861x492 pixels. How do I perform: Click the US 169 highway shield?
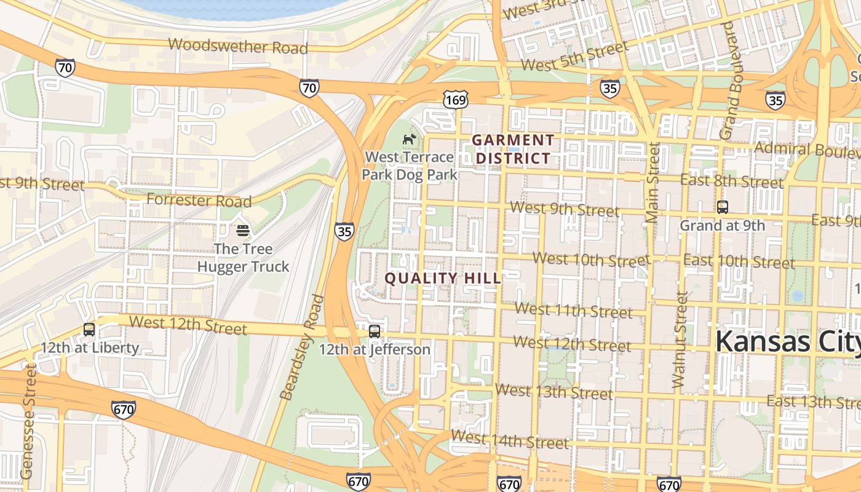coord(455,98)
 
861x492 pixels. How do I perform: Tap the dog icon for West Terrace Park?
coord(409,140)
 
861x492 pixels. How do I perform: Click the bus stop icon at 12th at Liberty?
coord(89,330)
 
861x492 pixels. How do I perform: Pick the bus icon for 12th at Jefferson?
coord(375,332)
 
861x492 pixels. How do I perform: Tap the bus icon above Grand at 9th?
coord(723,207)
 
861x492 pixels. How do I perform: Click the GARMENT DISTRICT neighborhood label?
coord(513,149)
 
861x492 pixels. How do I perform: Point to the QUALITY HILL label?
coord(443,278)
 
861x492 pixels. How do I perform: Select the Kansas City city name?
coord(787,341)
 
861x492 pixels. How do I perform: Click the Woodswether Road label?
coord(237,46)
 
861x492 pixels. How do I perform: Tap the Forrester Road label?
coord(199,200)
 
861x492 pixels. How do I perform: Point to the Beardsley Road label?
coord(301,347)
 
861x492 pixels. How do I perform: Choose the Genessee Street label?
coord(28,421)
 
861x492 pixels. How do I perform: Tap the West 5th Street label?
coord(575,56)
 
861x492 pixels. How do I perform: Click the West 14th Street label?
coord(509,439)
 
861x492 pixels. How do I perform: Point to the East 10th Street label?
coord(739,261)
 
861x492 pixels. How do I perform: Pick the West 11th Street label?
coord(573,310)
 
